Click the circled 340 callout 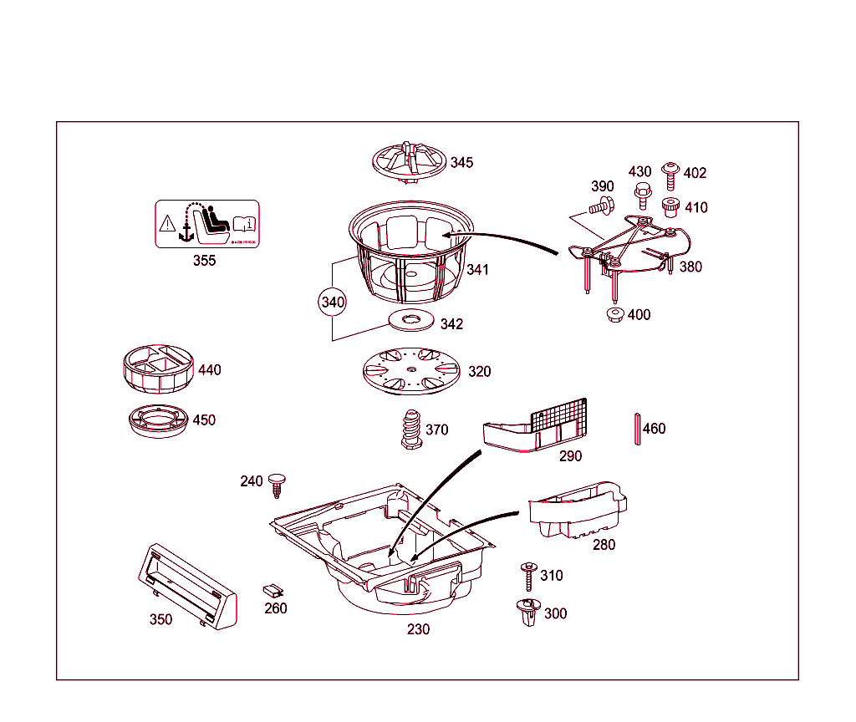pyautogui.click(x=332, y=303)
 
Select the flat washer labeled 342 pyautogui.click(x=410, y=320)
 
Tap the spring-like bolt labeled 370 pyautogui.click(x=410, y=430)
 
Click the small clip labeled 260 pyautogui.click(x=273, y=590)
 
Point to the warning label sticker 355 pyautogui.click(x=206, y=224)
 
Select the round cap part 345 pyautogui.click(x=407, y=161)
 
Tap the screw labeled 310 pyautogui.click(x=527, y=577)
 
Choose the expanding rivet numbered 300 pyautogui.click(x=527, y=613)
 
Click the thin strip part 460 pyautogui.click(x=637, y=430)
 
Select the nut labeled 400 pyautogui.click(x=614, y=316)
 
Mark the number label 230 pyautogui.click(x=418, y=629)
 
